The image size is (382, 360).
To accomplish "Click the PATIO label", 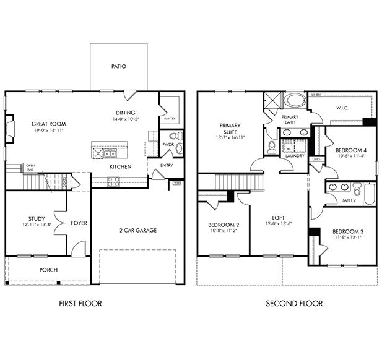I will point(119,66).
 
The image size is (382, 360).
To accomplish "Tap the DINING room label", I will point(126,113).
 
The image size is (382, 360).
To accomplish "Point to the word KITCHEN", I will point(119,167).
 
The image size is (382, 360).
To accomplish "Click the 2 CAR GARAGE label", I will point(137,230).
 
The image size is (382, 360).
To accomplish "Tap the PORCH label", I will point(48,270).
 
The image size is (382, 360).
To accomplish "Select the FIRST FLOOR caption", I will point(80,303).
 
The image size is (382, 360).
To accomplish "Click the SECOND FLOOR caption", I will point(294,303).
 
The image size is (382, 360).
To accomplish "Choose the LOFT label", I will point(279,218).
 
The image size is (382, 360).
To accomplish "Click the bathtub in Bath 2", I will point(369,194).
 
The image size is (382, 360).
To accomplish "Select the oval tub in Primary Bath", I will point(294,101).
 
